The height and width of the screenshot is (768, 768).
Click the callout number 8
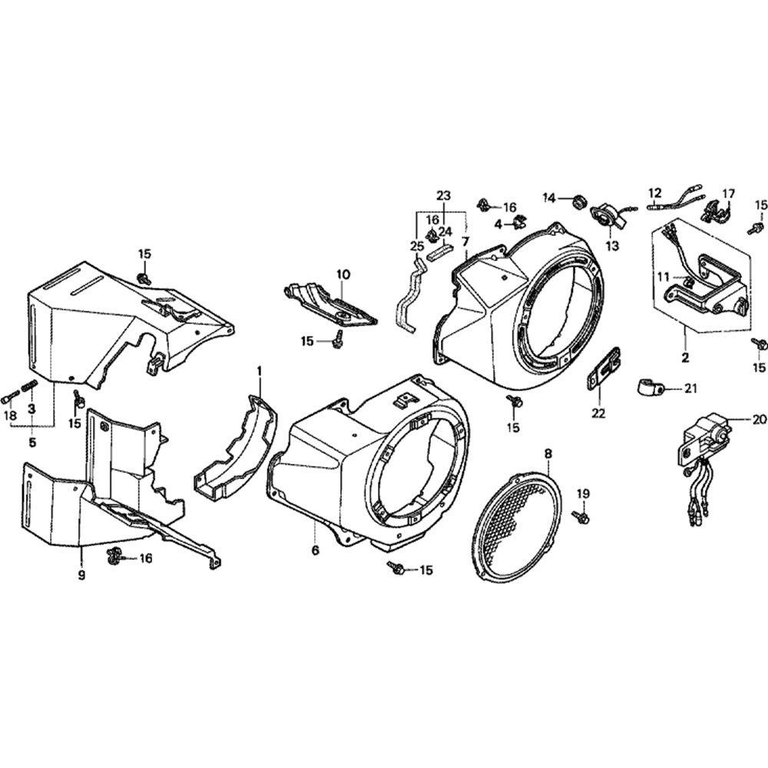[548, 454]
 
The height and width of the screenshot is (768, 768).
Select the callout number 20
[759, 405]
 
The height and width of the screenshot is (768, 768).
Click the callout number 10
[343, 274]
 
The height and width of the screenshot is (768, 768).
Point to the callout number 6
[315, 550]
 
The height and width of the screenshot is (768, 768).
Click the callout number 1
[260, 372]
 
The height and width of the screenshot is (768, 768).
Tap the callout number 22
[598, 413]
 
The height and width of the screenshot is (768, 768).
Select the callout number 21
[690, 389]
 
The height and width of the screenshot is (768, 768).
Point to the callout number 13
[612, 246]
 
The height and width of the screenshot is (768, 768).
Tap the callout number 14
[550, 198]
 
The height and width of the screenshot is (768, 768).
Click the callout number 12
[655, 193]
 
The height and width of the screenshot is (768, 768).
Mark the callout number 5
[31, 442]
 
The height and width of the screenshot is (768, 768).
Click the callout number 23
[443, 195]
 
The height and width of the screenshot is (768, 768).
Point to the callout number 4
[498, 224]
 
